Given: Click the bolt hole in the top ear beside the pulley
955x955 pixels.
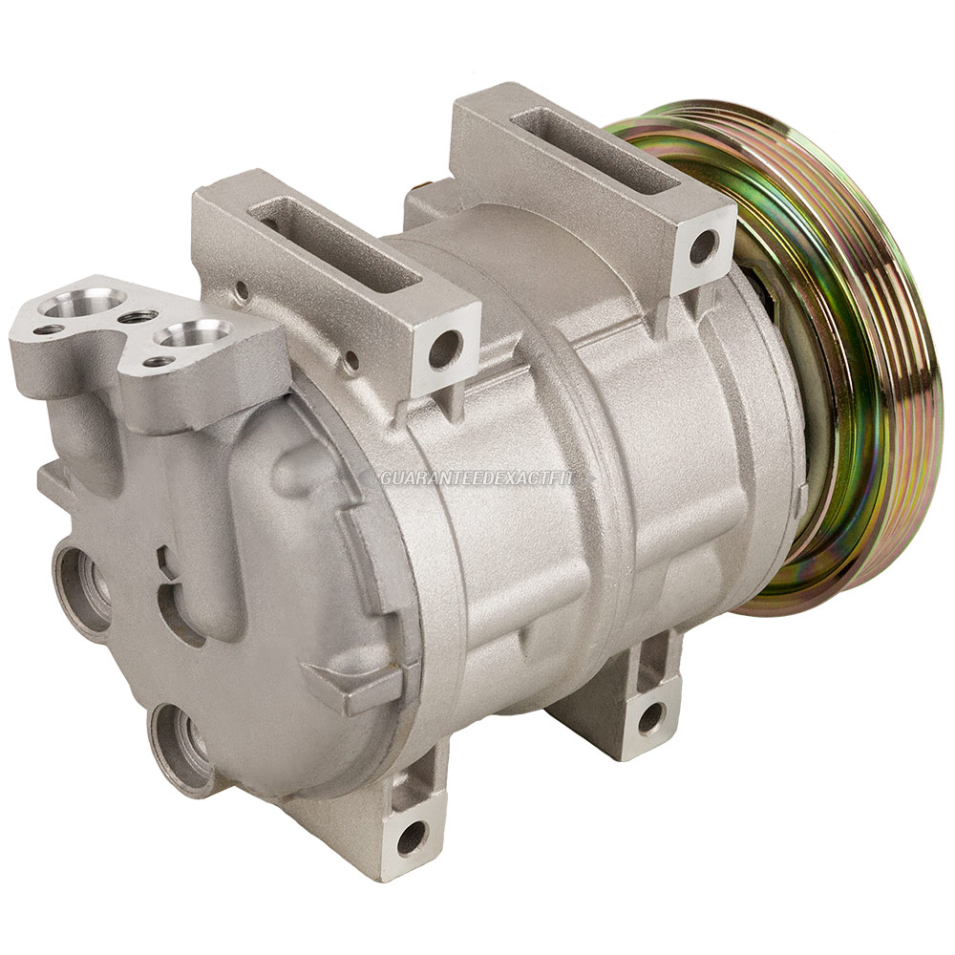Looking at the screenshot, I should tap(703, 246).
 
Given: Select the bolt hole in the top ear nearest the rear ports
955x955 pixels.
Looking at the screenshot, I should tap(445, 350).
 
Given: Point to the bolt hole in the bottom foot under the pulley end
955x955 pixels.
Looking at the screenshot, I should tap(651, 717).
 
